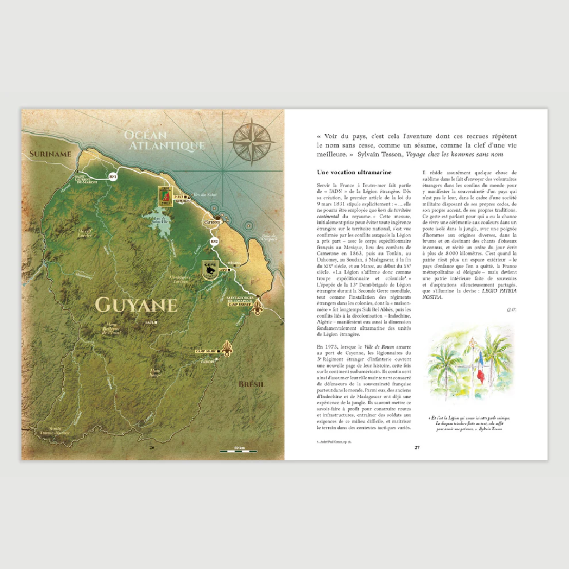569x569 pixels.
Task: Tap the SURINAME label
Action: [x=50, y=154]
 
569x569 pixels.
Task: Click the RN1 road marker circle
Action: [x=112, y=177]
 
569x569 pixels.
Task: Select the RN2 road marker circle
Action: [x=214, y=241]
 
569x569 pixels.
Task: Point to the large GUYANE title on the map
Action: [x=136, y=305]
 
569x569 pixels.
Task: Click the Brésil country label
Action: [x=252, y=384]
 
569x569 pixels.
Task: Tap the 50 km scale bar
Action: [x=239, y=451]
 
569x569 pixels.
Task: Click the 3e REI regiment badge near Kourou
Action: [x=167, y=196]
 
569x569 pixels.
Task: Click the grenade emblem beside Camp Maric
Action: [x=227, y=349]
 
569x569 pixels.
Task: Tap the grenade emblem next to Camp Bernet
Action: [x=257, y=307]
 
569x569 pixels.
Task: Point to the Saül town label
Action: [x=151, y=322]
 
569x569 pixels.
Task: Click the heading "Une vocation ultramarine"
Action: [x=354, y=172]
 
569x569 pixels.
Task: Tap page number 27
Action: [x=417, y=447]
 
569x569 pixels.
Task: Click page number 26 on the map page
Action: [x=152, y=447]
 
